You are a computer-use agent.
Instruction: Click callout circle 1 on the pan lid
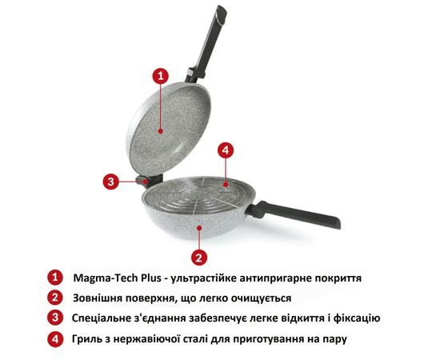[x=160, y=76]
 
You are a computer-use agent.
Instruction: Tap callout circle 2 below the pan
[x=199, y=258]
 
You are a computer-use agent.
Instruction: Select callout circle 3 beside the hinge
[x=111, y=182]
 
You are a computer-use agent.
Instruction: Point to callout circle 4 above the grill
[x=226, y=150]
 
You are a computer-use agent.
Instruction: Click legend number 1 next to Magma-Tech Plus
[x=55, y=278]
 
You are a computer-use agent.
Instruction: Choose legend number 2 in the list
[x=55, y=298]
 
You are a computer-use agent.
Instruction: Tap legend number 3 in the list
[x=55, y=318]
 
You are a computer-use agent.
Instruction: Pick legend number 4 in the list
[x=55, y=339]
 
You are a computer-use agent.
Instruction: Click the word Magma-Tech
[x=106, y=278]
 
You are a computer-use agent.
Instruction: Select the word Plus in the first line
[x=151, y=278]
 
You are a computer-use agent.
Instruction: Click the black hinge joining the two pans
[x=150, y=181]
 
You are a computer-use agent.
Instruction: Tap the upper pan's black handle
[x=206, y=43]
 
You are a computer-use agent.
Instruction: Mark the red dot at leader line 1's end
[x=160, y=131]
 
